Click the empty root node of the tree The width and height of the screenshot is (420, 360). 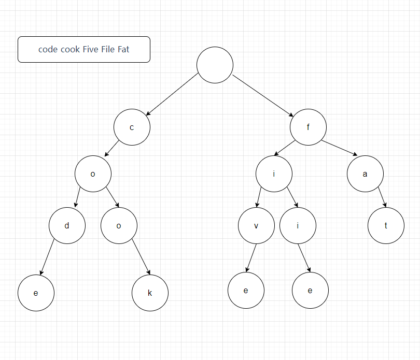coord(215,65)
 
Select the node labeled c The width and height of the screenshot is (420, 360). coord(132,127)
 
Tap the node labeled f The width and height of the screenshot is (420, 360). coord(308,127)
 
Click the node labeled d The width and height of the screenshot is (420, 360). coord(67,225)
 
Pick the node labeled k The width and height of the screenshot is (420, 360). coord(150,293)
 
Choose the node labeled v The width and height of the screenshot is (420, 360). coord(256,225)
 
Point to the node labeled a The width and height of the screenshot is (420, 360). coord(365,174)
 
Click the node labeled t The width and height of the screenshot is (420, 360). coord(386,225)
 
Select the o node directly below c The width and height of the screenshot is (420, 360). coord(93,174)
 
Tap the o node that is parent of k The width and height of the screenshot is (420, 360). coord(119,225)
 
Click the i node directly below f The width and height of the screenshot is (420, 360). coord(274,174)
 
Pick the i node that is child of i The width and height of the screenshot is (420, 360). coord(298,225)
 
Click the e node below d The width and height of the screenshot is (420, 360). coord(36,293)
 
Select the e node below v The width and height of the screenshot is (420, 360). coord(246,290)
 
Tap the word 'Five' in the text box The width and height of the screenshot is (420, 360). coord(92,50)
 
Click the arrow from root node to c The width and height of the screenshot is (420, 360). coord(172,94)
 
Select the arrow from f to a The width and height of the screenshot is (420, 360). coord(340,148)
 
